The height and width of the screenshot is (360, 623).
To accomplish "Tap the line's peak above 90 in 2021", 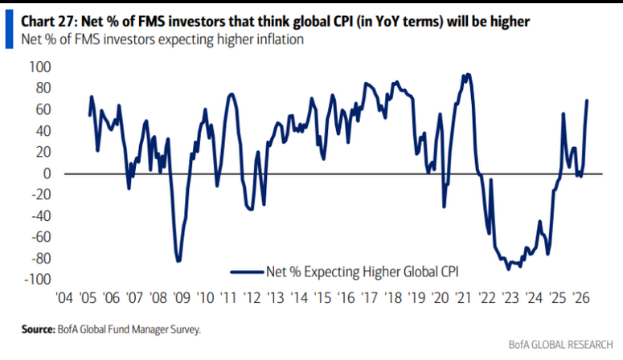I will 467,75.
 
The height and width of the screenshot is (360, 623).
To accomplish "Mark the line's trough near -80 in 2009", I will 178,261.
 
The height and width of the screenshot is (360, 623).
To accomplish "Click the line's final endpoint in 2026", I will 587,100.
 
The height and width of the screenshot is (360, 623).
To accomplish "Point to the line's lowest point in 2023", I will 508,268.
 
